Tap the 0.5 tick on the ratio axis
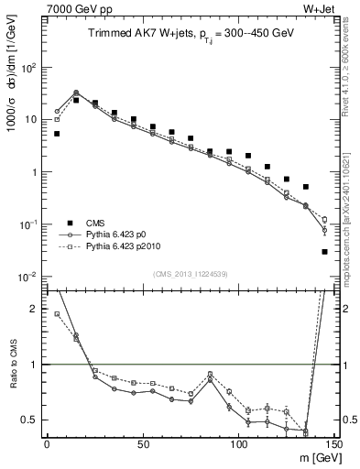coord(33,420)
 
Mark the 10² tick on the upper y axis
coord(30,68)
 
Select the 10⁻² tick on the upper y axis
coord(30,277)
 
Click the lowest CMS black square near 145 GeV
coord(325,252)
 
